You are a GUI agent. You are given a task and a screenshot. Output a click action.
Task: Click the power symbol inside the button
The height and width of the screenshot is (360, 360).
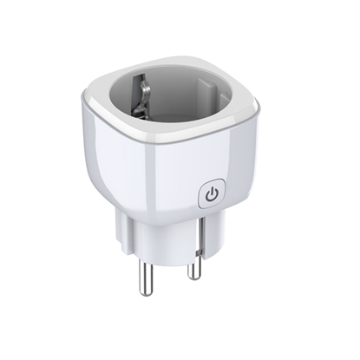click(x=213, y=195)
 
